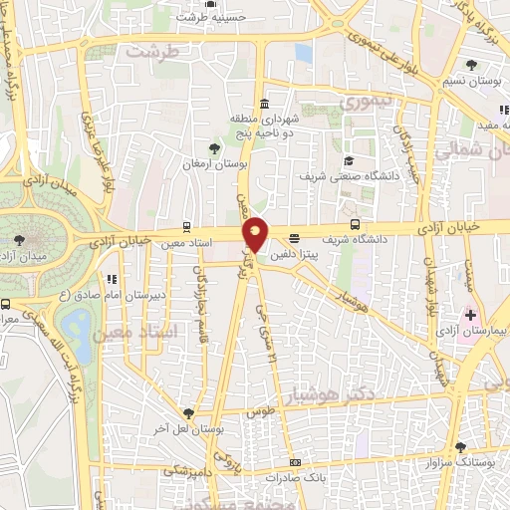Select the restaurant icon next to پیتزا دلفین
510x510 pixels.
coord(294,238)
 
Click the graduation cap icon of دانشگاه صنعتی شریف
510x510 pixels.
coord(349,160)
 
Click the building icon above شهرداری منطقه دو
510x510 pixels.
coord(263,105)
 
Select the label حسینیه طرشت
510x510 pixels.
coord(212,17)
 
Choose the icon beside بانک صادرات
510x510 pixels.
coord(296,462)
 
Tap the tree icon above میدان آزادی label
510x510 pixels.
coord(20,239)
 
